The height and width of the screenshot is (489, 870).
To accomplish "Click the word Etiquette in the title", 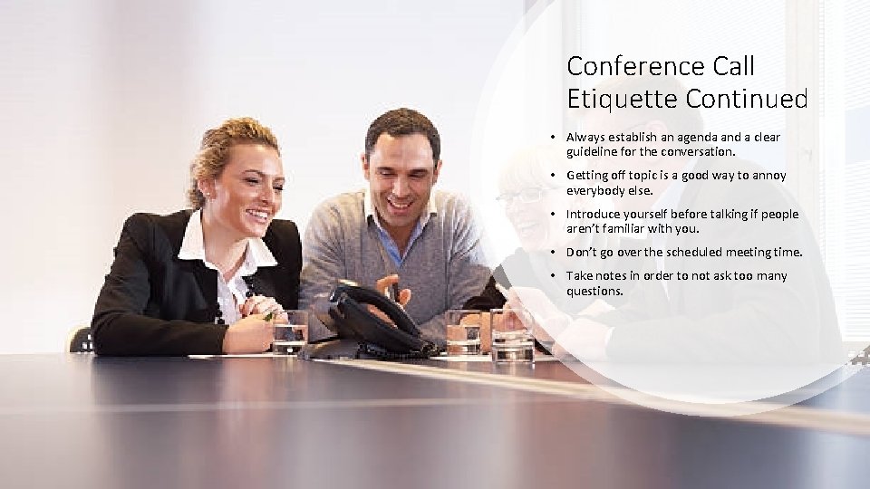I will click(608, 97).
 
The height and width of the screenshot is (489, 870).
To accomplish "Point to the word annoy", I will click(768, 176).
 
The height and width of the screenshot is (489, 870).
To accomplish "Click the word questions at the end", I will click(594, 292).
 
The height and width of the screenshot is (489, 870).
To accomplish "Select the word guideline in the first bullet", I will click(594, 152).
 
